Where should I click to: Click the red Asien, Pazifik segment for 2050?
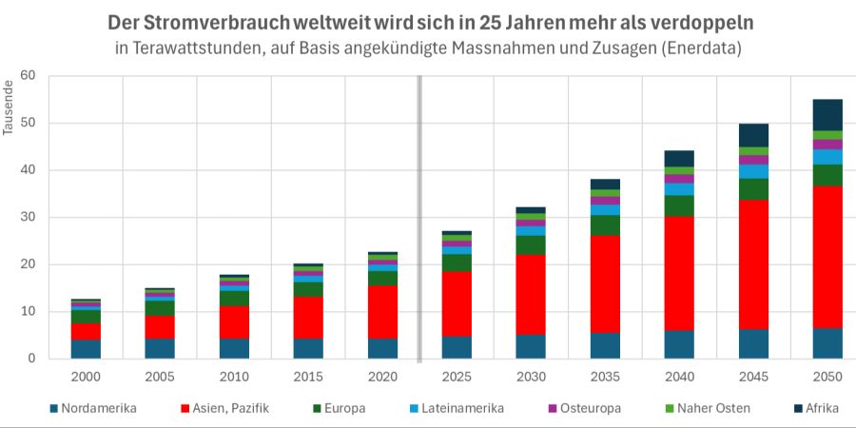pos(827,257)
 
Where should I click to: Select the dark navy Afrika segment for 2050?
pos(827,115)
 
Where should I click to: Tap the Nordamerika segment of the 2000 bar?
pos(86,349)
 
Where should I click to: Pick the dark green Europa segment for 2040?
pos(679,205)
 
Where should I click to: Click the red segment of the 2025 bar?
pos(457,303)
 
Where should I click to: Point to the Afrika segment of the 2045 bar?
pos(753,135)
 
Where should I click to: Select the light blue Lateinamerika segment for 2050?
pos(827,157)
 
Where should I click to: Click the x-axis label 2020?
pos(382,377)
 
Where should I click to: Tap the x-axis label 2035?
pos(605,377)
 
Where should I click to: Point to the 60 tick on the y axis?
pos(28,76)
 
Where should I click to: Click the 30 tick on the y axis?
pos(28,218)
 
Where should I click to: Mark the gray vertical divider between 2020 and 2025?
pos(419,218)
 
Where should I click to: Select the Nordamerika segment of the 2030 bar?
pos(531,346)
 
